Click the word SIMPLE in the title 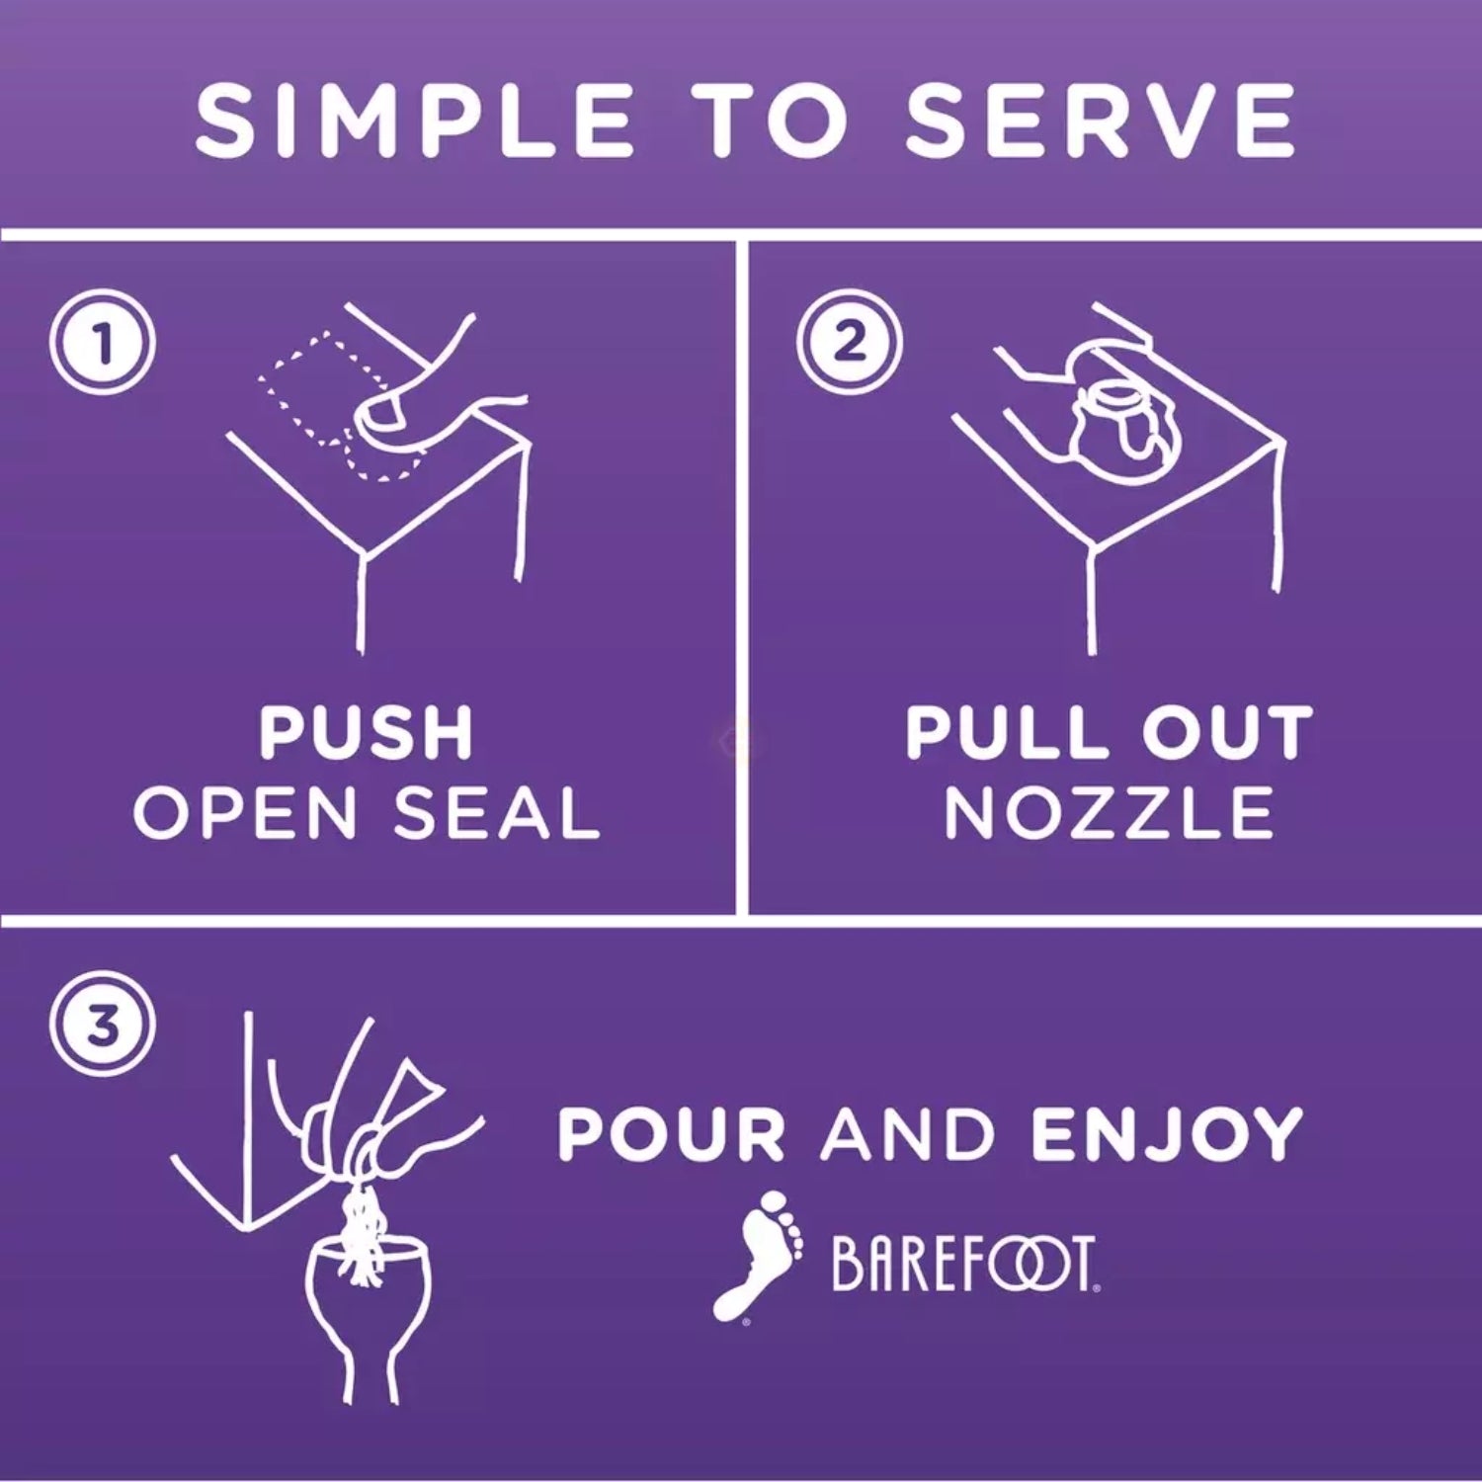tap(415, 121)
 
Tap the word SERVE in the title tap(1101, 121)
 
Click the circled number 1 tap(102, 343)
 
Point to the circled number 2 tap(849, 342)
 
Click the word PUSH tap(367, 733)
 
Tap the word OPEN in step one tap(245, 813)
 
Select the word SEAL tap(497, 813)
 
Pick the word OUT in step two tap(1227, 733)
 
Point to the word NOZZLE tap(1110, 813)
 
